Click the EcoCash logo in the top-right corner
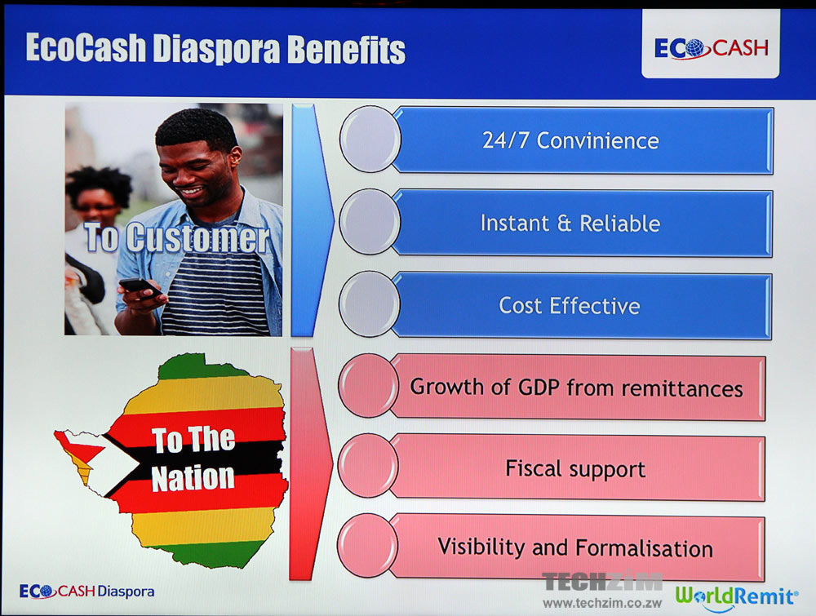click(711, 48)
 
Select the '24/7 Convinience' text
click(570, 140)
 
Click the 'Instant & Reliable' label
click(570, 224)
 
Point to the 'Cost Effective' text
click(570, 305)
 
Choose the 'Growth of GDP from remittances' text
click(576, 388)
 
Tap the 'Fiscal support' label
click(575, 469)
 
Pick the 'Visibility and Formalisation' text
click(575, 547)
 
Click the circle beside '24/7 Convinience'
click(370, 139)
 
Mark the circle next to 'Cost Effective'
click(369, 304)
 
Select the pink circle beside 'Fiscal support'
click(368, 465)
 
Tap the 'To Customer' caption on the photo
click(177, 237)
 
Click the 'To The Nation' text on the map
click(193, 459)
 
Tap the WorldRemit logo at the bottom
click(736, 596)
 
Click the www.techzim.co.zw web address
click(602, 604)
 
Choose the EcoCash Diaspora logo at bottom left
click(87, 592)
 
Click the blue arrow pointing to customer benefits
click(311, 220)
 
